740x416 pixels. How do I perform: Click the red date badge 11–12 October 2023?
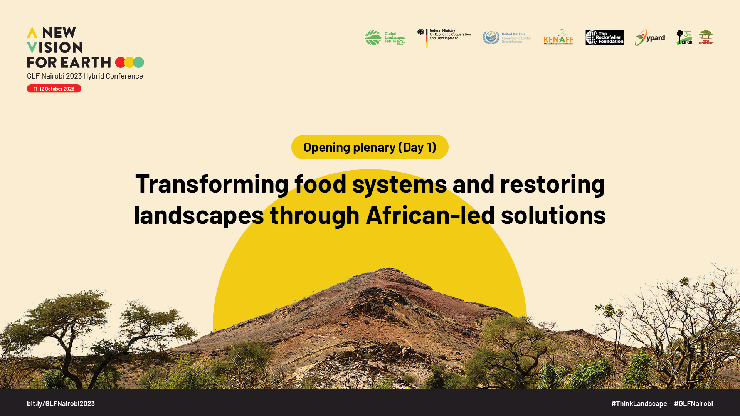coord(54,89)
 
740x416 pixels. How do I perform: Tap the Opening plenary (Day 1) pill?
coord(370,147)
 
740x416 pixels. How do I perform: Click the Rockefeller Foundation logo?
coord(604,37)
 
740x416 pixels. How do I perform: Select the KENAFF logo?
coord(558,37)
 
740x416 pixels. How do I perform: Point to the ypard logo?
coord(650,38)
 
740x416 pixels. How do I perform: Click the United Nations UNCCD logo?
coord(507,38)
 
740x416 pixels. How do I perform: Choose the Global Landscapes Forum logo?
coord(385,38)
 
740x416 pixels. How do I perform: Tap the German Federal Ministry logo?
coord(444,37)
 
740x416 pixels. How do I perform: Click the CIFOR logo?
coord(684,38)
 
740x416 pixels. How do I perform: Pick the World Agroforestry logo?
coord(706,37)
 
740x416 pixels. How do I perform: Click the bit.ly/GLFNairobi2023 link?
coord(61,403)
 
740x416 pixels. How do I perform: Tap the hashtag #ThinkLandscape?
coord(639,403)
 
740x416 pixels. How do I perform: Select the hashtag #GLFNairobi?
coord(693,403)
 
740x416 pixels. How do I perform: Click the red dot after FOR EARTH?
coord(120,62)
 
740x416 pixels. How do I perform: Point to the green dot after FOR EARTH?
coord(139,62)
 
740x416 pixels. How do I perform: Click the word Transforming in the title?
coord(212,184)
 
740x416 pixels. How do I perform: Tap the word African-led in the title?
coord(430,215)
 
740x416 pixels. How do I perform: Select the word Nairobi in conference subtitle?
coord(53,76)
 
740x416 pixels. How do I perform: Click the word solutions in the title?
coord(553,215)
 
